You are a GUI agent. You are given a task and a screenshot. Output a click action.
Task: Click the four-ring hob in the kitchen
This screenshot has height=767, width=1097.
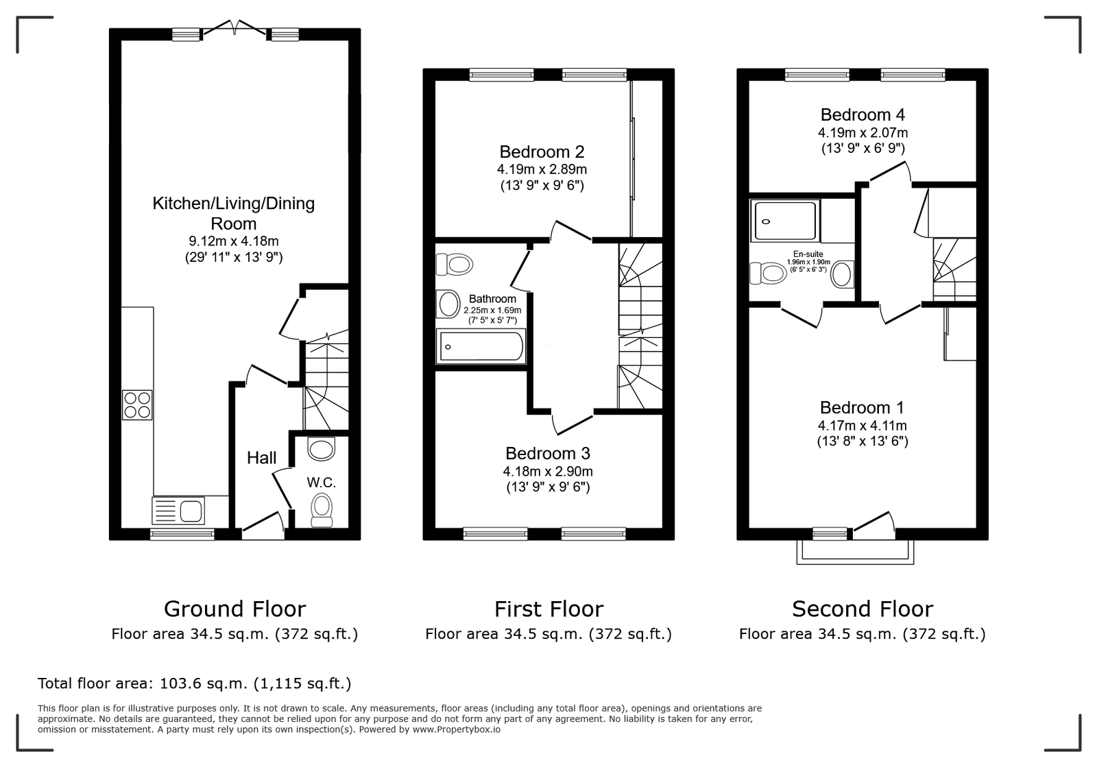point(137,405)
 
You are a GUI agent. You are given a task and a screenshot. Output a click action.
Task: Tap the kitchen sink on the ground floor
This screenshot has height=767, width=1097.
point(178,511)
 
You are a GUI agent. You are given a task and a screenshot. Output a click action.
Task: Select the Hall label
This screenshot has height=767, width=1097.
point(261,458)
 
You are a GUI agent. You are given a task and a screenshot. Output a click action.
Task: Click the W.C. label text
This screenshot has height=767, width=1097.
point(322,483)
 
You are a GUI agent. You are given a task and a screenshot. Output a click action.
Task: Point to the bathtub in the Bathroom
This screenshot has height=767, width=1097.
point(481,347)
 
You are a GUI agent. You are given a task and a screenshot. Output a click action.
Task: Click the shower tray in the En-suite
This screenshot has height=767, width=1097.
point(785,221)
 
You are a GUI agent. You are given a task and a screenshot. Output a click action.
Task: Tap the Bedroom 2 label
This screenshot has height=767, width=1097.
point(542,151)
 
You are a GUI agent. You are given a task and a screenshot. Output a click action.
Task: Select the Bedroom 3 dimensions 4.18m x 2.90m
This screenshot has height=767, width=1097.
point(548,472)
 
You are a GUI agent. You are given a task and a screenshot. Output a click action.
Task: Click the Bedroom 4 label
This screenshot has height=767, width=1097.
point(863,114)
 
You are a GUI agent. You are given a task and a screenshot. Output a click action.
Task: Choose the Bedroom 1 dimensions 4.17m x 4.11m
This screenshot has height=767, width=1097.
point(863,426)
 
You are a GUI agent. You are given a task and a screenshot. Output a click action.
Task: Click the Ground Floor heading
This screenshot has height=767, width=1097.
point(234,609)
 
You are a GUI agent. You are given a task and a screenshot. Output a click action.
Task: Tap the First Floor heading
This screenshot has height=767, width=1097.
point(549,609)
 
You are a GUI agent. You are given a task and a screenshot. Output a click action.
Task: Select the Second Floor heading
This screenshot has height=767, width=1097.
point(863,609)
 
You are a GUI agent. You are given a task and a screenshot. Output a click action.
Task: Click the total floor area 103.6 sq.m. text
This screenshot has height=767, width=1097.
point(195,683)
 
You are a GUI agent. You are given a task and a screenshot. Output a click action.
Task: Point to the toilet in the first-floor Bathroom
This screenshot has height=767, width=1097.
point(454,265)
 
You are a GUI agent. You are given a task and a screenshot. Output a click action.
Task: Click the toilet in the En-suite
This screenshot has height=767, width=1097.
point(768,273)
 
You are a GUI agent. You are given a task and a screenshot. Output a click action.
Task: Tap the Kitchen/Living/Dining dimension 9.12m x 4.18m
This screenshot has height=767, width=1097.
point(234,241)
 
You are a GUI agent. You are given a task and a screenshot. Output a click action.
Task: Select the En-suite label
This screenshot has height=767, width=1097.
point(808,254)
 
